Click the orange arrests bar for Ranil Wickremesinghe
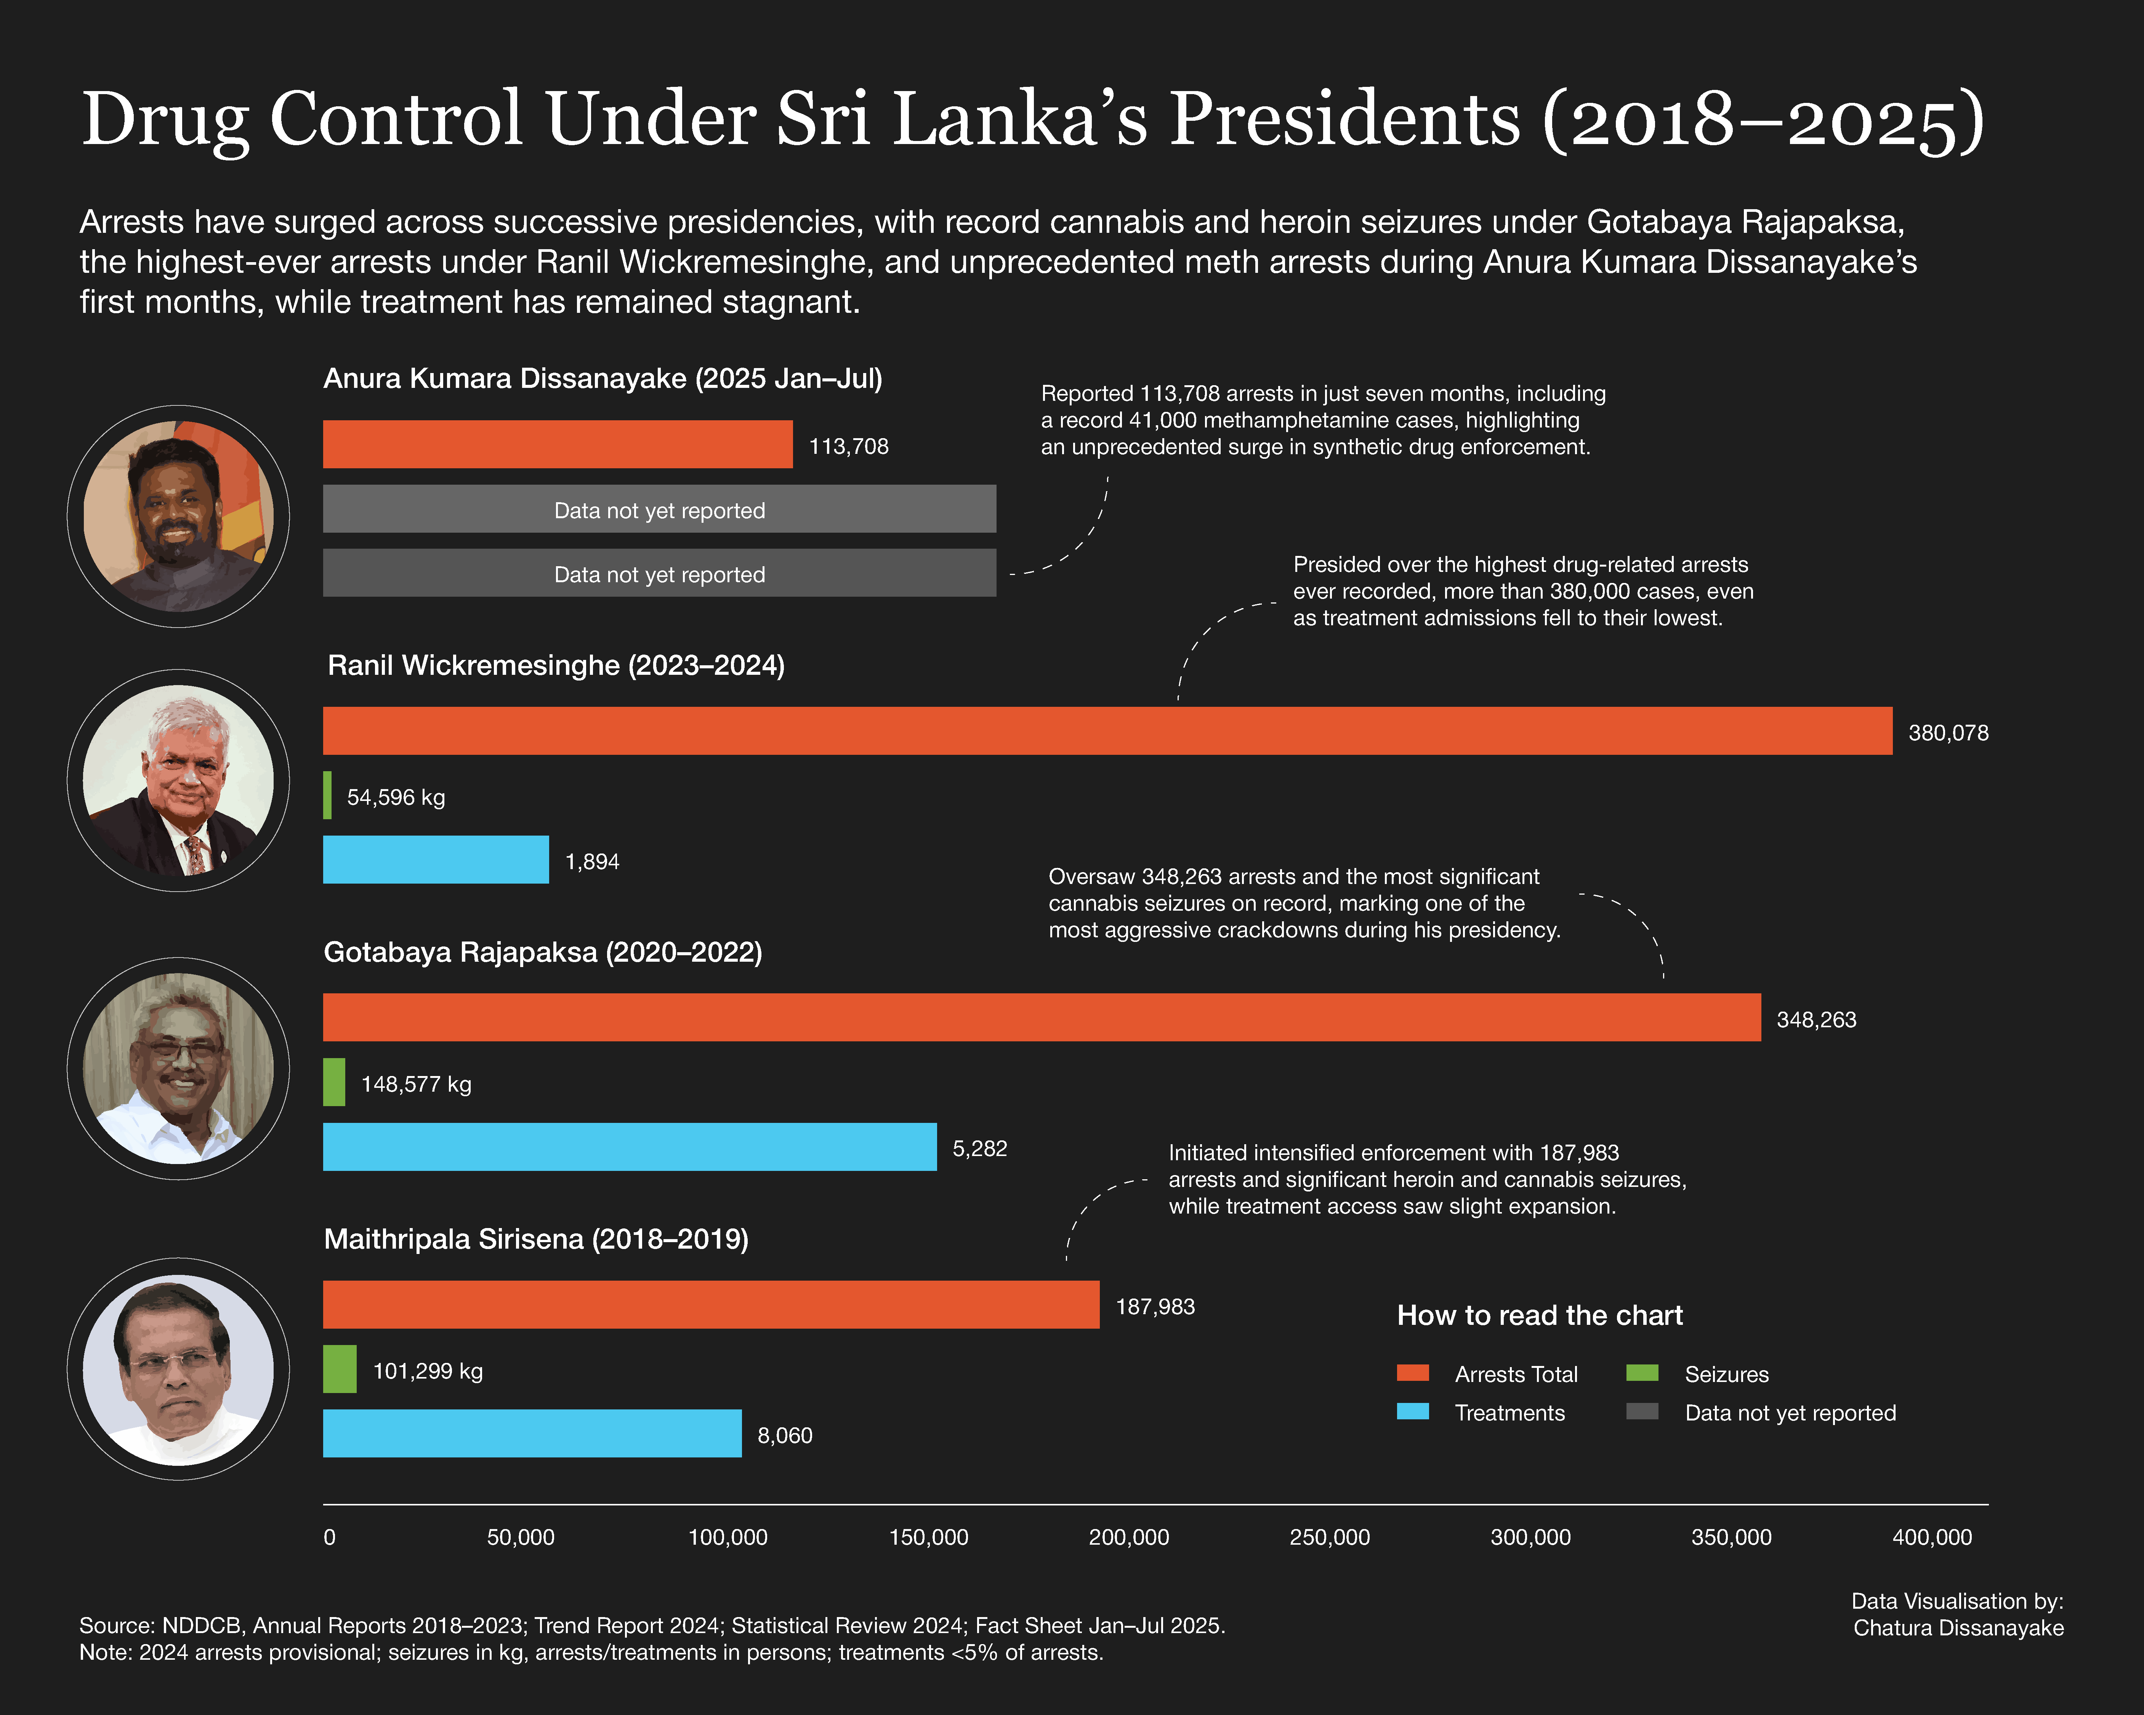tap(1107, 731)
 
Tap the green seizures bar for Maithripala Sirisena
tap(339, 1369)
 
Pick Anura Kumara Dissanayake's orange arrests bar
tap(557, 444)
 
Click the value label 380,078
tap(1947, 733)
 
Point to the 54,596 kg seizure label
tap(396, 797)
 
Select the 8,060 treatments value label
tap(785, 1436)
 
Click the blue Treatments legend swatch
tap(1412, 1412)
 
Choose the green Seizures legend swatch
tap(1642, 1373)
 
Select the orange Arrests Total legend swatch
tap(1412, 1373)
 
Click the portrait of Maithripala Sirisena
tap(178, 1369)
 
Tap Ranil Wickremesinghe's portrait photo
tap(178, 780)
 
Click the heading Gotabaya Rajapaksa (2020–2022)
tap(543, 953)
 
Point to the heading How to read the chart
tap(1539, 1315)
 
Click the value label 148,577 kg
tap(416, 1085)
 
